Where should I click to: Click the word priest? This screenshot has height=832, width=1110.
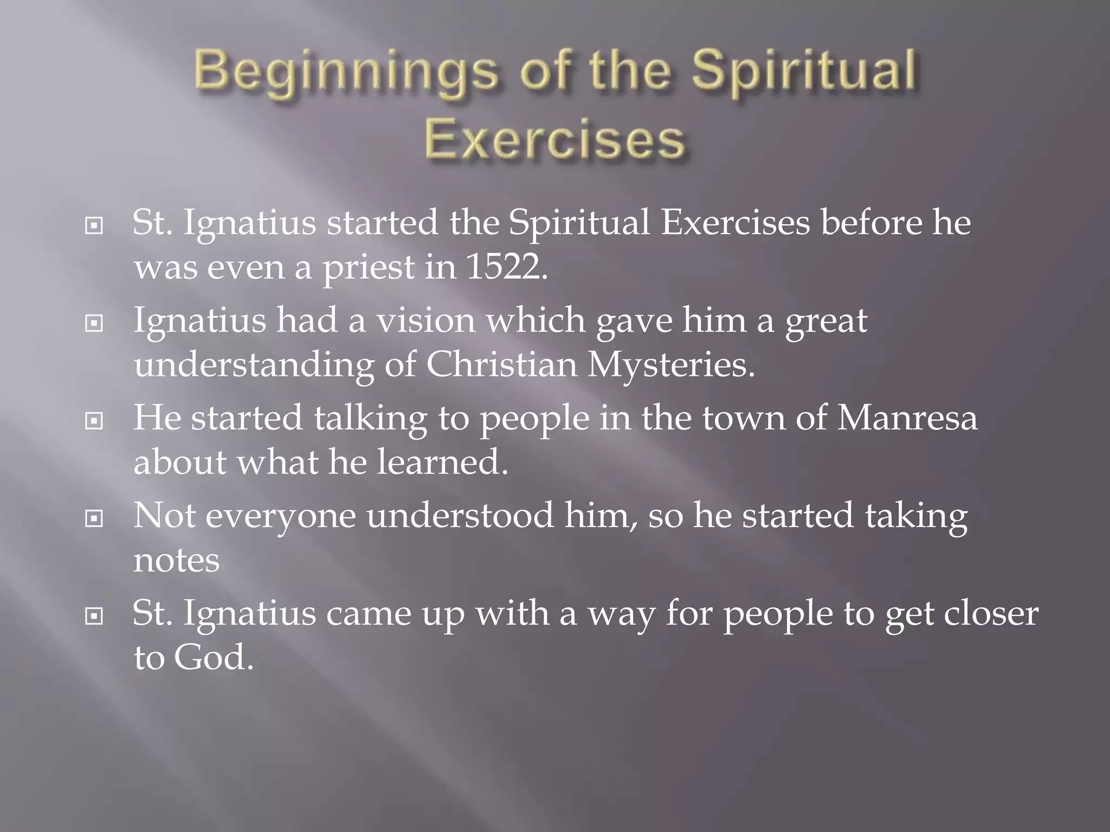(x=368, y=268)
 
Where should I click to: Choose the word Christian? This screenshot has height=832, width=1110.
(x=501, y=364)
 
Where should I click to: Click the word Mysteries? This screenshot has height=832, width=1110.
(x=670, y=365)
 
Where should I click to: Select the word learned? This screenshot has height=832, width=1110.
(x=442, y=461)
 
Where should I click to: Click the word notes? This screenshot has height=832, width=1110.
(x=176, y=560)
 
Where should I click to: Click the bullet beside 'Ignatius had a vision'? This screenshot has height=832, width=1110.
(x=94, y=323)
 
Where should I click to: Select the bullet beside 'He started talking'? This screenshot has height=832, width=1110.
(x=94, y=420)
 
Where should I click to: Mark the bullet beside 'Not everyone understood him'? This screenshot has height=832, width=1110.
(x=94, y=518)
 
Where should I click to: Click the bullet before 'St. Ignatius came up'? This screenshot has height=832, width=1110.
(x=94, y=616)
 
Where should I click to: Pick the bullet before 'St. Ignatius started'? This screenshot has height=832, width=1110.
(x=94, y=225)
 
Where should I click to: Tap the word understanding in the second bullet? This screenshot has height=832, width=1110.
(x=254, y=365)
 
